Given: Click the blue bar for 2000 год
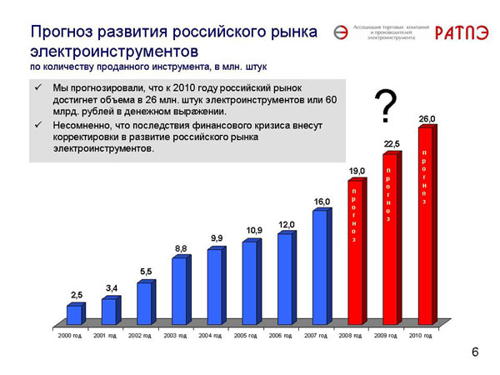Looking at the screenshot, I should coord(74,314).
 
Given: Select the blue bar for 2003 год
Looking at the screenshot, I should coord(179,290).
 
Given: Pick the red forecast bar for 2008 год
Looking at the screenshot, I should coord(355,252).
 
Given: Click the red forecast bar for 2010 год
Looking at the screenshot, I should coord(425,225).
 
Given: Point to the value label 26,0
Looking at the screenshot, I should coord(427,119).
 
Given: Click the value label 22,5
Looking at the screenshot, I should coord(392,144).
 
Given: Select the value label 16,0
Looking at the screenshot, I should coord(322,202).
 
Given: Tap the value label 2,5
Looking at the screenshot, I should coord(77,295).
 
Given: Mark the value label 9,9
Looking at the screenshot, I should coord(217,238).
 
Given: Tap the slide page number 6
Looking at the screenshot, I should coord(475,353).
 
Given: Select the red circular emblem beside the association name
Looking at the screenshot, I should coord(340,32).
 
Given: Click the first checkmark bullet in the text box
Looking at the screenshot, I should coord(38,87).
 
